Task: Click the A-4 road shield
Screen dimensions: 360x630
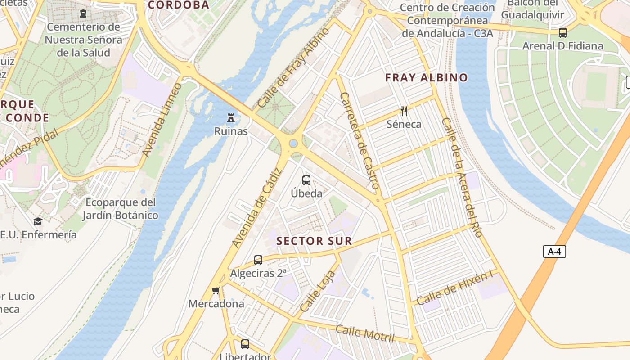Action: click(x=554, y=252)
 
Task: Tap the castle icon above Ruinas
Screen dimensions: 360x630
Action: click(x=231, y=118)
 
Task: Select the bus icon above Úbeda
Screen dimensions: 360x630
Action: click(x=306, y=180)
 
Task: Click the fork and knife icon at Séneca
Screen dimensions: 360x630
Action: click(x=404, y=111)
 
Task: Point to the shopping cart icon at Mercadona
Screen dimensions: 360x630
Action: click(x=216, y=291)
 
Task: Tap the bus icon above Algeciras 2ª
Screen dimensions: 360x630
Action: click(x=258, y=260)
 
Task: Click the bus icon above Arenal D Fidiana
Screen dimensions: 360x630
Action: click(x=562, y=33)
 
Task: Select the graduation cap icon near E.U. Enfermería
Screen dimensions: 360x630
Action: click(x=38, y=221)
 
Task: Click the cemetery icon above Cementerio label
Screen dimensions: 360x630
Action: click(x=83, y=14)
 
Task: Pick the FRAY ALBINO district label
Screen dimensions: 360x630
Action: click(x=427, y=78)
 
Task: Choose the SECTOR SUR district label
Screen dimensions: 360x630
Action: click(x=314, y=241)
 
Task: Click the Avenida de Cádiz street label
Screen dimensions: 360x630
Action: click(x=256, y=207)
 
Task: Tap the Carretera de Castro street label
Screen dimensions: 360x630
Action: click(x=360, y=140)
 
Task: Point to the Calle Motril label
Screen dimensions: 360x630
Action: click(x=365, y=333)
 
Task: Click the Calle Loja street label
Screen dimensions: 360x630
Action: click(x=318, y=292)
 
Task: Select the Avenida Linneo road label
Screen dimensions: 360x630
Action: click(x=162, y=120)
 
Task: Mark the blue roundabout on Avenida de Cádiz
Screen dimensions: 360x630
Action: click(x=293, y=144)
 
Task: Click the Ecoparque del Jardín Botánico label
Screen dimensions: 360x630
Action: click(x=120, y=209)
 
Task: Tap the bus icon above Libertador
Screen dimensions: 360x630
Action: click(x=245, y=344)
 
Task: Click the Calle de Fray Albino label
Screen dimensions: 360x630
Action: click(x=293, y=67)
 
